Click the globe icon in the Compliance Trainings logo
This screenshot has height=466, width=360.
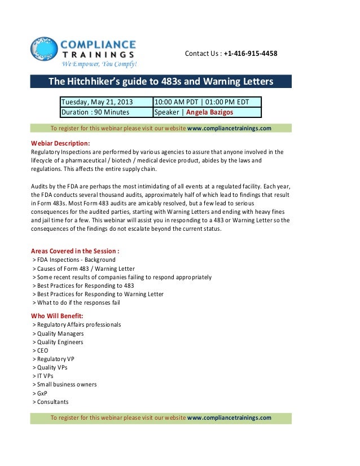(44, 50)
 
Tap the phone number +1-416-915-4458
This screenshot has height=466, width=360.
(250, 54)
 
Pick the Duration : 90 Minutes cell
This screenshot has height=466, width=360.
(95, 112)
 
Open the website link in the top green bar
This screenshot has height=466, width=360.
(229, 128)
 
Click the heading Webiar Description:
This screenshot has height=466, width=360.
(58, 143)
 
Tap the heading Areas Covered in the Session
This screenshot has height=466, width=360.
(74, 251)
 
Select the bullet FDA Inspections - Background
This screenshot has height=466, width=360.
(74, 260)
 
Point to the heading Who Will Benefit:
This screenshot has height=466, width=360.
(56, 315)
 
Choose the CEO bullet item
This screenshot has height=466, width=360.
(41, 350)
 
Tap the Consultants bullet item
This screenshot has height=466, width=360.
(51, 402)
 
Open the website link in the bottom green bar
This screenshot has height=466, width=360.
(229, 417)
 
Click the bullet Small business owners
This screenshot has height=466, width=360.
(65, 384)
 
